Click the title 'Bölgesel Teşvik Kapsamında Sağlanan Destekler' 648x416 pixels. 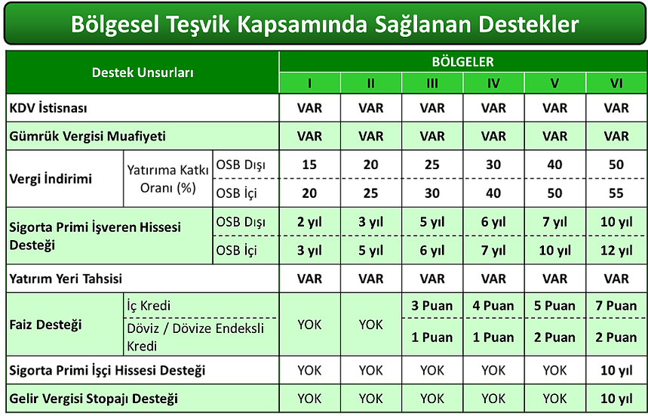(x=325, y=24)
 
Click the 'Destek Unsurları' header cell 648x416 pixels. (x=143, y=72)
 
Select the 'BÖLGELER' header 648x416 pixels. (x=463, y=62)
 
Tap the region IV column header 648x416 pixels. (x=493, y=84)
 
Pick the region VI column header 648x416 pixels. (x=616, y=84)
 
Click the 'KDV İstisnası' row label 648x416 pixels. (x=48, y=108)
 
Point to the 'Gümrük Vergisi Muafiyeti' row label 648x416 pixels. (x=88, y=136)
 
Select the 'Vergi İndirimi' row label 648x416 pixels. (x=51, y=179)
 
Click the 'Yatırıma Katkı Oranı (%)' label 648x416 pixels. (x=167, y=179)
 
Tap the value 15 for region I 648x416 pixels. (x=309, y=165)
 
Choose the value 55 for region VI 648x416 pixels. (x=616, y=193)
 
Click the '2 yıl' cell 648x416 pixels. (x=309, y=222)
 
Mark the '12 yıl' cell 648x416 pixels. (x=616, y=251)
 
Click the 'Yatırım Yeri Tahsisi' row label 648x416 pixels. (x=66, y=279)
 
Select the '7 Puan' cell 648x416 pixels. (x=616, y=306)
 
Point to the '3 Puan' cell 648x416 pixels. (x=431, y=306)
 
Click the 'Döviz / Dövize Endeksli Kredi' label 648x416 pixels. (x=195, y=337)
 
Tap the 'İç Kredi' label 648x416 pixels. (x=149, y=306)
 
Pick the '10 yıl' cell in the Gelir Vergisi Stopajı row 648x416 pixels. (x=616, y=399)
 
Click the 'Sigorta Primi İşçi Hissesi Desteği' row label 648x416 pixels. (x=107, y=370)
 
